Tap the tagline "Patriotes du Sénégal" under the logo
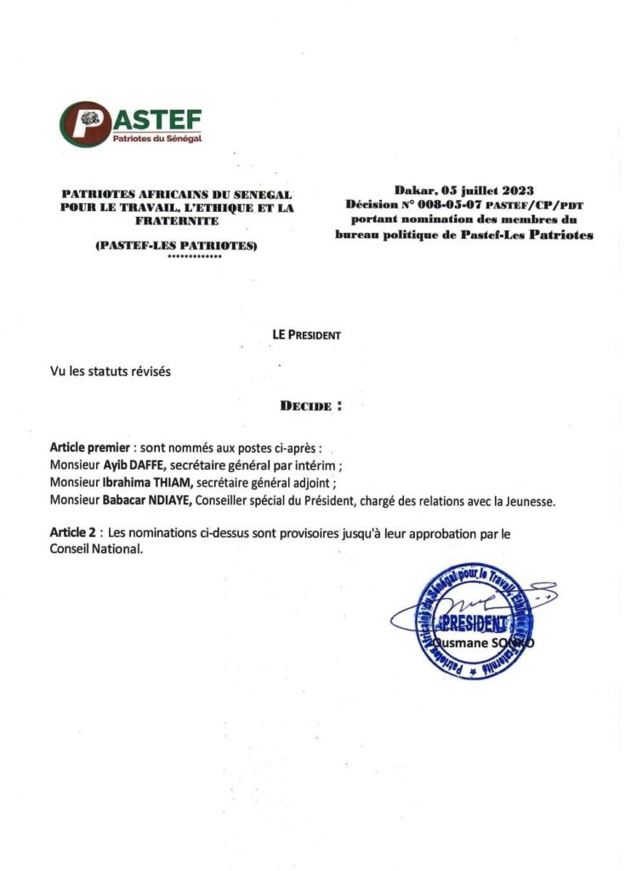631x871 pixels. (157, 139)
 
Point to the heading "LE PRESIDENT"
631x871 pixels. (306, 335)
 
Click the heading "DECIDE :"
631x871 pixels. (311, 406)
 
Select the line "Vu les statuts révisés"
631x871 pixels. (111, 372)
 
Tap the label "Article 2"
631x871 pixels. (72, 532)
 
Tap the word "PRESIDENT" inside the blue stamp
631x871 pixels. (479, 622)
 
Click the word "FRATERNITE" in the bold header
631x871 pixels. (176, 220)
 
